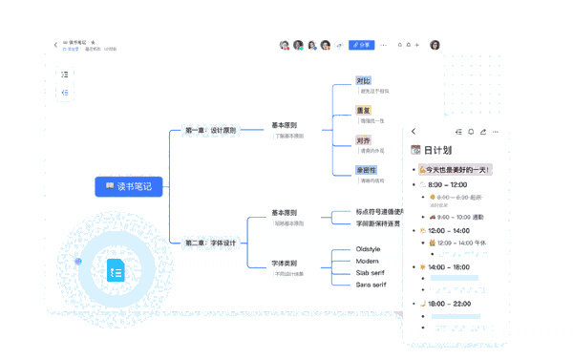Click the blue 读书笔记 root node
click(x=129, y=186)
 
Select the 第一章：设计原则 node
click(x=210, y=130)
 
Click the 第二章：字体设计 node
click(x=210, y=243)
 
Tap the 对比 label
click(x=364, y=80)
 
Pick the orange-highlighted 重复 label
click(x=364, y=110)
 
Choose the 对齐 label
click(x=364, y=140)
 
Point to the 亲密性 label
click(x=367, y=170)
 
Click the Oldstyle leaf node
click(x=369, y=249)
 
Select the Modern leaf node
click(x=368, y=261)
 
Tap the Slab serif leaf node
click(x=371, y=272)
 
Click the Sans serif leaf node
click(x=371, y=285)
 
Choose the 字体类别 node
click(x=284, y=263)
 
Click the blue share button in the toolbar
click(x=361, y=45)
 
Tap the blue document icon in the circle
click(x=117, y=271)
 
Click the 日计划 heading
click(x=437, y=150)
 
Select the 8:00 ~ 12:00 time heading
click(x=447, y=184)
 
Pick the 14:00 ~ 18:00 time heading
click(x=449, y=267)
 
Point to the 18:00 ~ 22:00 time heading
click(x=449, y=303)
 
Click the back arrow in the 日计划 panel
click(x=414, y=132)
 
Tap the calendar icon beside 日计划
click(x=415, y=150)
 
